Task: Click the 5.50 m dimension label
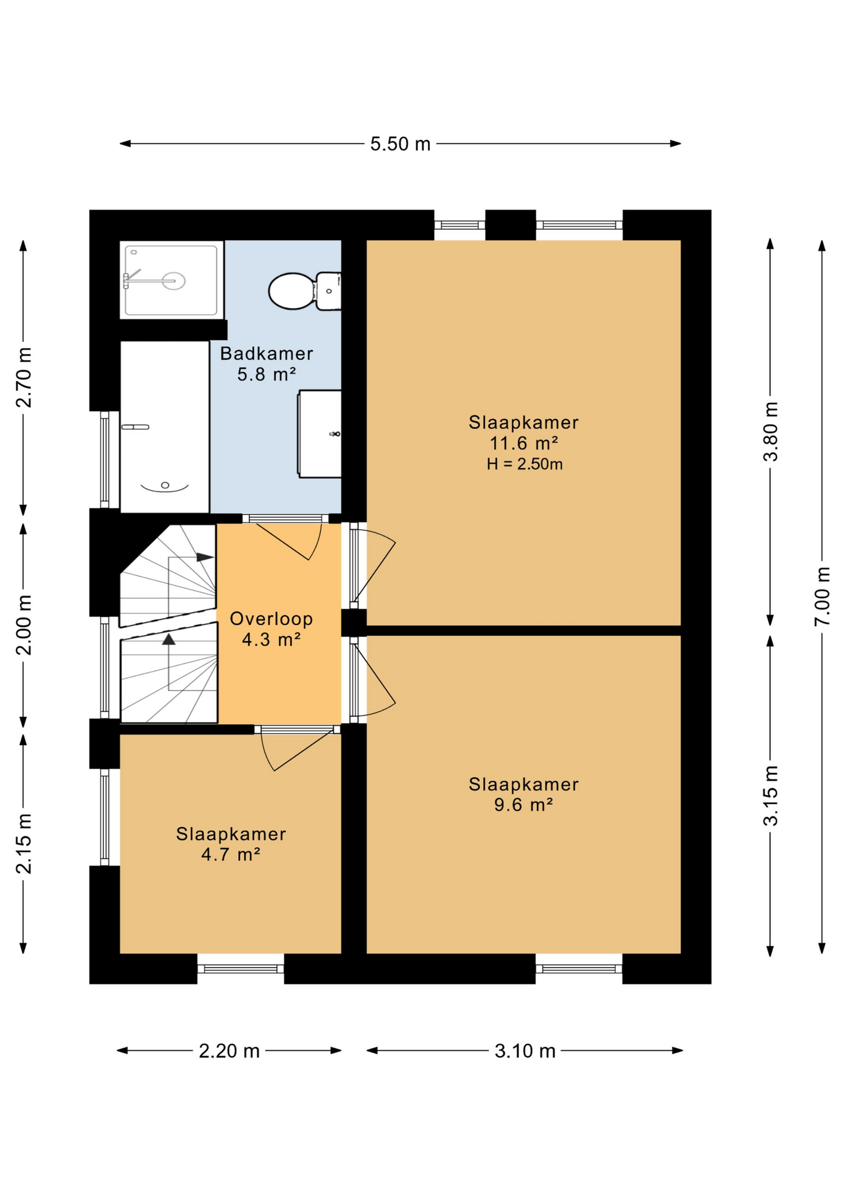[400, 144]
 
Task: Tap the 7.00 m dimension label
[822, 596]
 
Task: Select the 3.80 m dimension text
[770, 432]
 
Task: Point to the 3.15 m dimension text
[770, 795]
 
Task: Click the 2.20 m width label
[229, 1051]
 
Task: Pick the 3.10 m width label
[525, 1051]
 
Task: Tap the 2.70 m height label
[24, 377]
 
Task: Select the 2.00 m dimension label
[24, 625]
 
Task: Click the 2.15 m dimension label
[24, 843]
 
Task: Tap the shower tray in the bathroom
[171, 280]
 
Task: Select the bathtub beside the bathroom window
[164, 427]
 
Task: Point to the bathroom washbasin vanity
[319, 434]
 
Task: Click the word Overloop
[271, 619]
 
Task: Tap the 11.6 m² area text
[523, 443]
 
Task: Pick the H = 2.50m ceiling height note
[525, 464]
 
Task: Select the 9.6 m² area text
[523, 805]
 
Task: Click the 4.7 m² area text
[230, 854]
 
